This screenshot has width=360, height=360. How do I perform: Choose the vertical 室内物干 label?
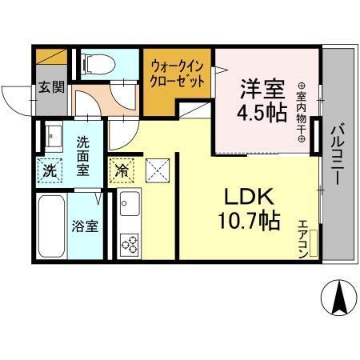pyautogui.click(x=301, y=111)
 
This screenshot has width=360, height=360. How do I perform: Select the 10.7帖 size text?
pyautogui.click(x=248, y=220)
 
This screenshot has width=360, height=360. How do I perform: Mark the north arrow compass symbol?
pyautogui.click(x=337, y=298)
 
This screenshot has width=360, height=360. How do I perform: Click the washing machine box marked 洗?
pyautogui.click(x=50, y=170)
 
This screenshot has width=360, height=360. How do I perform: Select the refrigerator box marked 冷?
pyautogui.click(x=122, y=170)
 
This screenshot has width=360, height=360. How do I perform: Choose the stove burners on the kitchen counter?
pyautogui.click(x=129, y=243)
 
